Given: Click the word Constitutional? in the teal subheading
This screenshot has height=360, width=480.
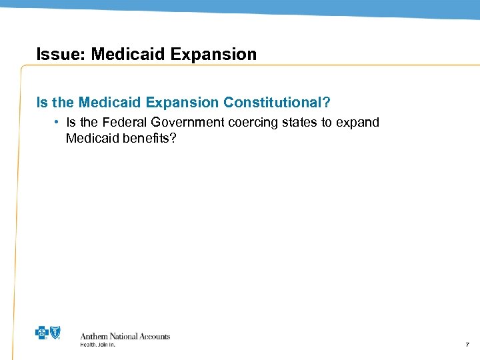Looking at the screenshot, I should coord(276,103).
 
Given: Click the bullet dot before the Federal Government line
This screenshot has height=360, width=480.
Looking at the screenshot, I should coord(59,122).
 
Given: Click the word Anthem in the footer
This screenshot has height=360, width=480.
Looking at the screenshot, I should coord(95,337).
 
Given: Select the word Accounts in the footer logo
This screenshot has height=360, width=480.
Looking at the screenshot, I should coord(154,337).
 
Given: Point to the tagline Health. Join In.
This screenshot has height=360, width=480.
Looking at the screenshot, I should coord(97,345).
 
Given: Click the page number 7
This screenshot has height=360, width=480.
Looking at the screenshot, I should coord(466,345).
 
